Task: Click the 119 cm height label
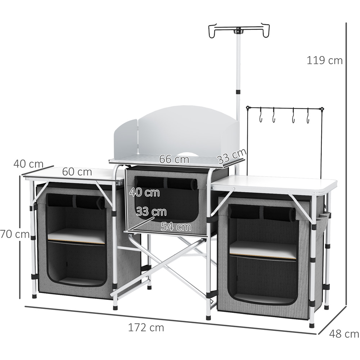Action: [x=324, y=60]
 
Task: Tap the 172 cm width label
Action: [x=146, y=328]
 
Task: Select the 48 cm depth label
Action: [x=344, y=334]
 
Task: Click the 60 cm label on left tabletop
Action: [x=77, y=172]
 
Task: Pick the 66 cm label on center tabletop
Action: [x=174, y=159]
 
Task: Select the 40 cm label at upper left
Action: [x=28, y=164]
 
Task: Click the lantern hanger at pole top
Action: [x=239, y=31]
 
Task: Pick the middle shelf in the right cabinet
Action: [x=263, y=249]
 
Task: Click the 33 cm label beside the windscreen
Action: [x=231, y=156]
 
